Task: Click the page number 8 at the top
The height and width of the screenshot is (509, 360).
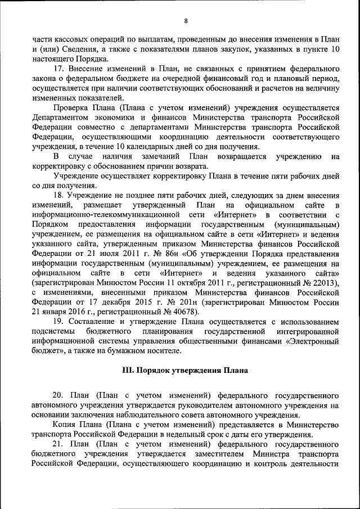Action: tap(185, 21)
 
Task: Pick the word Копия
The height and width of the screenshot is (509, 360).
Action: tap(65, 425)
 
